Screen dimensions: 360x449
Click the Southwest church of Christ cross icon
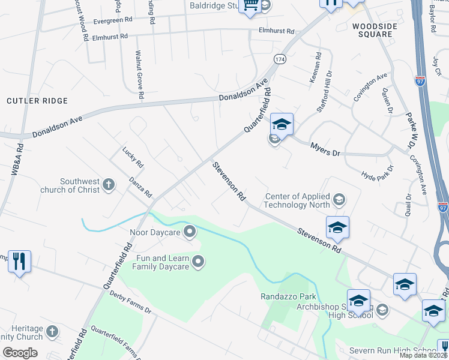pyautogui.click(x=109, y=184)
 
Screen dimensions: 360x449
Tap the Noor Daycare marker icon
pyautogui.click(x=190, y=231)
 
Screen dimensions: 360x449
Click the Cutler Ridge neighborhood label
pyautogui.click(x=37, y=101)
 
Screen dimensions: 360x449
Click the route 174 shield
pyautogui.click(x=280, y=59)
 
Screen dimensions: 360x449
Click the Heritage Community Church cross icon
pyautogui.click(x=52, y=331)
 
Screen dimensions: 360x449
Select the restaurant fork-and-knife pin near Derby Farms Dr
pyautogui.click(x=19, y=261)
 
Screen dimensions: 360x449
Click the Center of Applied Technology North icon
pyautogui.click(x=339, y=199)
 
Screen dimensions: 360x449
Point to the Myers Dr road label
pyautogui.click(x=325, y=149)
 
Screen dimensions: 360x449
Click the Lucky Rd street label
pyautogui.click(x=133, y=157)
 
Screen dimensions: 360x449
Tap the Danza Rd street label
pyautogui.click(x=140, y=188)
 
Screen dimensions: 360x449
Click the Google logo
pyautogui.click(x=20, y=352)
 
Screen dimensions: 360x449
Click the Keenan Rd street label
pyautogui.click(x=317, y=66)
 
